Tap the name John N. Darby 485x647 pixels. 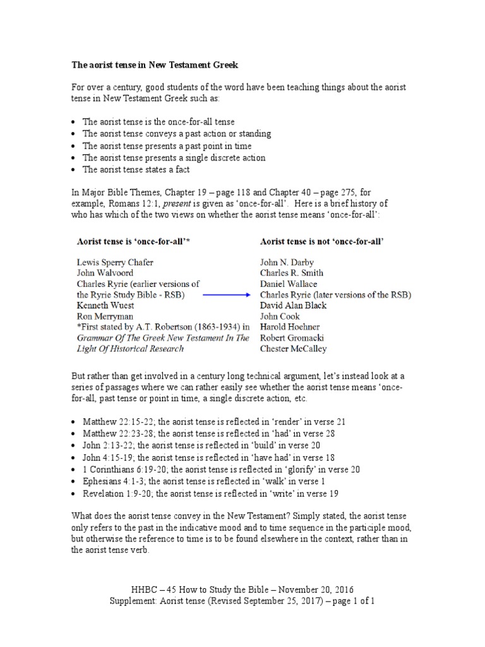(287, 262)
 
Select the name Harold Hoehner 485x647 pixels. (290, 327)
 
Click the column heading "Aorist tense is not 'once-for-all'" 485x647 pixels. (322, 241)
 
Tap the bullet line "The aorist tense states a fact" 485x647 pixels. (136, 169)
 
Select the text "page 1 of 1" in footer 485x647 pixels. (351, 601)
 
